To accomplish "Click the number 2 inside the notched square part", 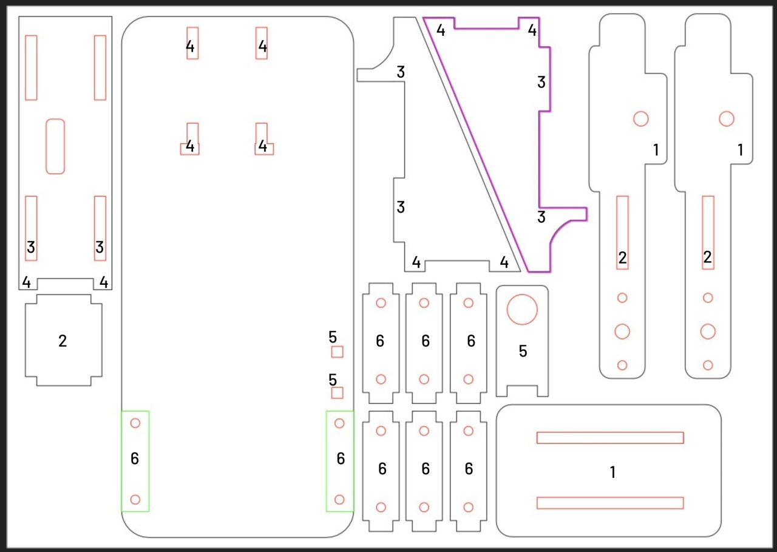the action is (63, 341).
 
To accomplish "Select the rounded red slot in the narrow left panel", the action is (55, 146).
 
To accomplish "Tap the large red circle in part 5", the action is (522, 310).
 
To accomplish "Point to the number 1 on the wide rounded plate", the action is (612, 472).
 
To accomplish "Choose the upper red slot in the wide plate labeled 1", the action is (610, 438).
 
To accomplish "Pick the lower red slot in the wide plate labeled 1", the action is (610, 503).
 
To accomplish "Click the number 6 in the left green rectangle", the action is (135, 458).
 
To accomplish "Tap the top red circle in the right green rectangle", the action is (339, 423).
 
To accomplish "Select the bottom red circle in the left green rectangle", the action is (135, 500).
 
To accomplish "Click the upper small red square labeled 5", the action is (337, 352).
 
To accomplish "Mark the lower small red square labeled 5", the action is (337, 393).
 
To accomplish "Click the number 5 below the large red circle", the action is (523, 351).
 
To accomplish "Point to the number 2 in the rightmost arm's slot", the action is (708, 257).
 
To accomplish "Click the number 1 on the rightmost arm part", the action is (740, 150).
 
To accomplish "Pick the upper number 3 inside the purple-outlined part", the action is (541, 82).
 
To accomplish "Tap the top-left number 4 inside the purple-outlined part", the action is (441, 30).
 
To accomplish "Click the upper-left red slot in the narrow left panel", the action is (31, 67).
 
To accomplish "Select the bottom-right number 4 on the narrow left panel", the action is (103, 282).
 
